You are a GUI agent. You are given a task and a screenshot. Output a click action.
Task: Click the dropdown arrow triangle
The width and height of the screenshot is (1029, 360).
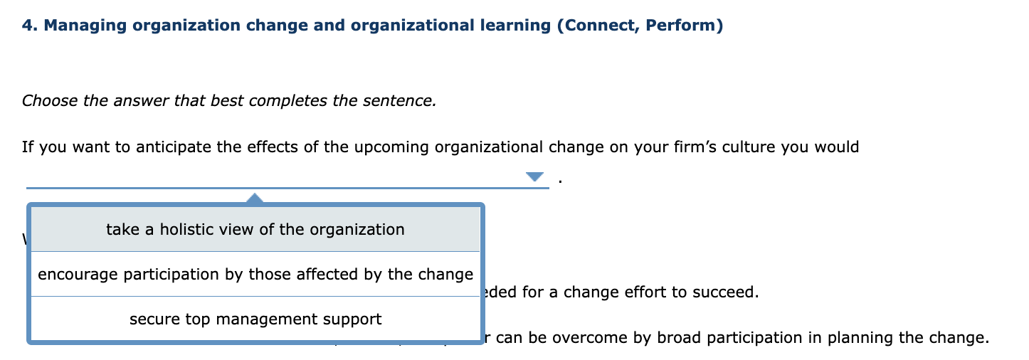pos(534,176)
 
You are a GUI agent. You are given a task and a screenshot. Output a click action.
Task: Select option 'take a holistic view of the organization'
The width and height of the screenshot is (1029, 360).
pos(255,230)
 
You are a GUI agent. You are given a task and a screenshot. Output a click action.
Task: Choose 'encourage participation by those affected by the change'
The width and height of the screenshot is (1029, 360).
pos(255,275)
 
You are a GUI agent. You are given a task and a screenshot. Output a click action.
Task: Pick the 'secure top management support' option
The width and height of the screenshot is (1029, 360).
pos(255,319)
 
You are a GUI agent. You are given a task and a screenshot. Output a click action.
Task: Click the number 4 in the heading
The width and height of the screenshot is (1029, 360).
pos(26,26)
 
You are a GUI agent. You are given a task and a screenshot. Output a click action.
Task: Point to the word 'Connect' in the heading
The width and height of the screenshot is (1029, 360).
pos(598,26)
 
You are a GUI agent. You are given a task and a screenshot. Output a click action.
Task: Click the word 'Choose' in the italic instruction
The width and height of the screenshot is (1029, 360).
pos(50,101)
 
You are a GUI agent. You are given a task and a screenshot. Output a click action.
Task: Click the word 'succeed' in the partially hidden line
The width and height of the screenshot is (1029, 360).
pos(730,292)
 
